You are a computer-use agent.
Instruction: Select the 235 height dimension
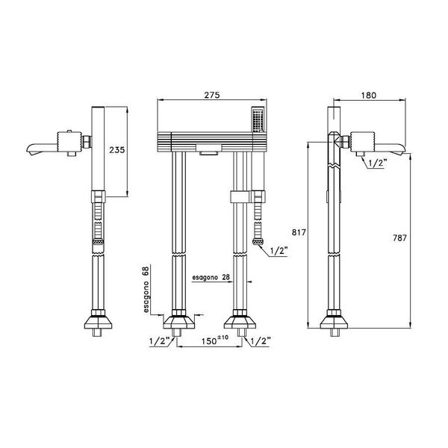tap(117, 149)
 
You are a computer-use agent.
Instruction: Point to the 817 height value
tap(297, 232)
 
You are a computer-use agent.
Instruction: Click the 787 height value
tap(399, 238)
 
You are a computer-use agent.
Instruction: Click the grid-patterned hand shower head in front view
tap(257, 119)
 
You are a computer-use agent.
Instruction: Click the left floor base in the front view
tap(178, 323)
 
